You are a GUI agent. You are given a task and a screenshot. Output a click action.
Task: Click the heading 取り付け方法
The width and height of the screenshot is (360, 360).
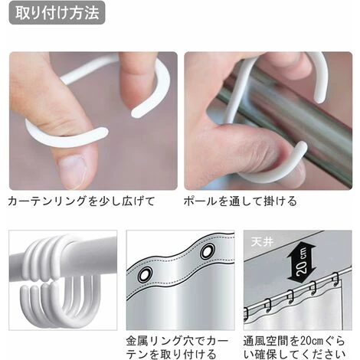[57, 13]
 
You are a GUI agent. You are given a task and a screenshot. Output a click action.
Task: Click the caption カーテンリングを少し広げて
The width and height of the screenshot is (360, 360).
[81, 201]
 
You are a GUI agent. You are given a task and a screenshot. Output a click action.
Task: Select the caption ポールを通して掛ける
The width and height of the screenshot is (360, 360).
[241, 201]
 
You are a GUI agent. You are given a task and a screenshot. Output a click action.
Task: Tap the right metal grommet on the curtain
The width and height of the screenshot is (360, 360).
[208, 251]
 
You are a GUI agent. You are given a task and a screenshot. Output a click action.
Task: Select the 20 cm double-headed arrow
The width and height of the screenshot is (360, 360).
[302, 261]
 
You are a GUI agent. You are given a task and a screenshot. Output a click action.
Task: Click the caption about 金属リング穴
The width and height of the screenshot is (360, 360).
[178, 348]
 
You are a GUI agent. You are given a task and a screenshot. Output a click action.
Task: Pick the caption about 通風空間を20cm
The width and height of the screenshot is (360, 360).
[294, 348]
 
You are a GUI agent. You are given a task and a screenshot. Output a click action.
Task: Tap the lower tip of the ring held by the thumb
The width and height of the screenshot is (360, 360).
[104, 132]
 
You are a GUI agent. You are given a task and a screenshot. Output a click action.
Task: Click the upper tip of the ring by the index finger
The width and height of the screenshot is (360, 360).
[135, 113]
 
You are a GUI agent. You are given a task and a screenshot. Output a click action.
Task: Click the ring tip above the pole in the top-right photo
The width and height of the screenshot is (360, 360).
[319, 98]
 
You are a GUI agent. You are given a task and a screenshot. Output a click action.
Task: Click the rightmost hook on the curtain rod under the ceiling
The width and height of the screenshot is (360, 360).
[335, 279]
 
